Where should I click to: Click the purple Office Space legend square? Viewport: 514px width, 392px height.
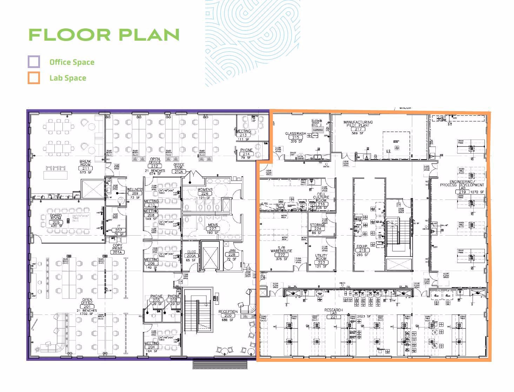(34, 62)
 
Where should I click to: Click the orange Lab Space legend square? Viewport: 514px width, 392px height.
(34, 78)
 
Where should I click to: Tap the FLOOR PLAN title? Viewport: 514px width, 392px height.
(104, 35)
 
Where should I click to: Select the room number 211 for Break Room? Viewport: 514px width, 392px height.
(85, 169)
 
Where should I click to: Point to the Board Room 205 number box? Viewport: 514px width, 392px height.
(56, 223)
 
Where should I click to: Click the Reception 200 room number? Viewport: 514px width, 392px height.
(228, 316)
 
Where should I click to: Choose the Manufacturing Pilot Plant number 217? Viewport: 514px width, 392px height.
(358, 129)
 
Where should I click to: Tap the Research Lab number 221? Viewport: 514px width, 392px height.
(333, 317)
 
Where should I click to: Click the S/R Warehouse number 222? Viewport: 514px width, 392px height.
(281, 255)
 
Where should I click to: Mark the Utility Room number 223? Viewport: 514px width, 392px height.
(321, 262)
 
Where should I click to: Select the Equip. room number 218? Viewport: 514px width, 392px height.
(362, 250)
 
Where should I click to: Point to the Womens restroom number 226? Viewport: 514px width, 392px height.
(205, 194)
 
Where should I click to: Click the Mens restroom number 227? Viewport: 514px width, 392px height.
(213, 229)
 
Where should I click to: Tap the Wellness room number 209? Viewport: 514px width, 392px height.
(135, 194)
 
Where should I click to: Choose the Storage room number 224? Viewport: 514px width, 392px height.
(318, 229)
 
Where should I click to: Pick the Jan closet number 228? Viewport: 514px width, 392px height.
(232, 255)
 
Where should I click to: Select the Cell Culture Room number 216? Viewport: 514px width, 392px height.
(321, 204)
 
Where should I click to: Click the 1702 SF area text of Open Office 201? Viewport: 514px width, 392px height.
(86, 314)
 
